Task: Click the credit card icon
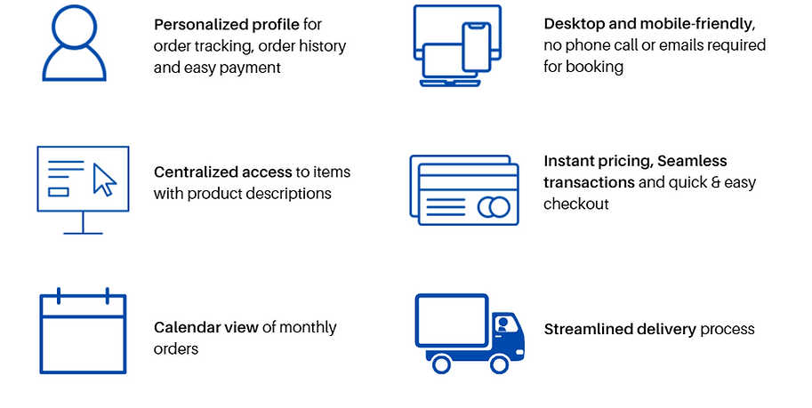[x=463, y=188]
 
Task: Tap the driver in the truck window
[x=504, y=325]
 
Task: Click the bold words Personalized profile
[x=226, y=24]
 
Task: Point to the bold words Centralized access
[x=222, y=172]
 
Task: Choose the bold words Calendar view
[x=206, y=327]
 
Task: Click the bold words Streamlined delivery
[x=620, y=329]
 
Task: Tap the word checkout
[x=576, y=204]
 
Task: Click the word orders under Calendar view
[x=176, y=348]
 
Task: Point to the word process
[x=728, y=329]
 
